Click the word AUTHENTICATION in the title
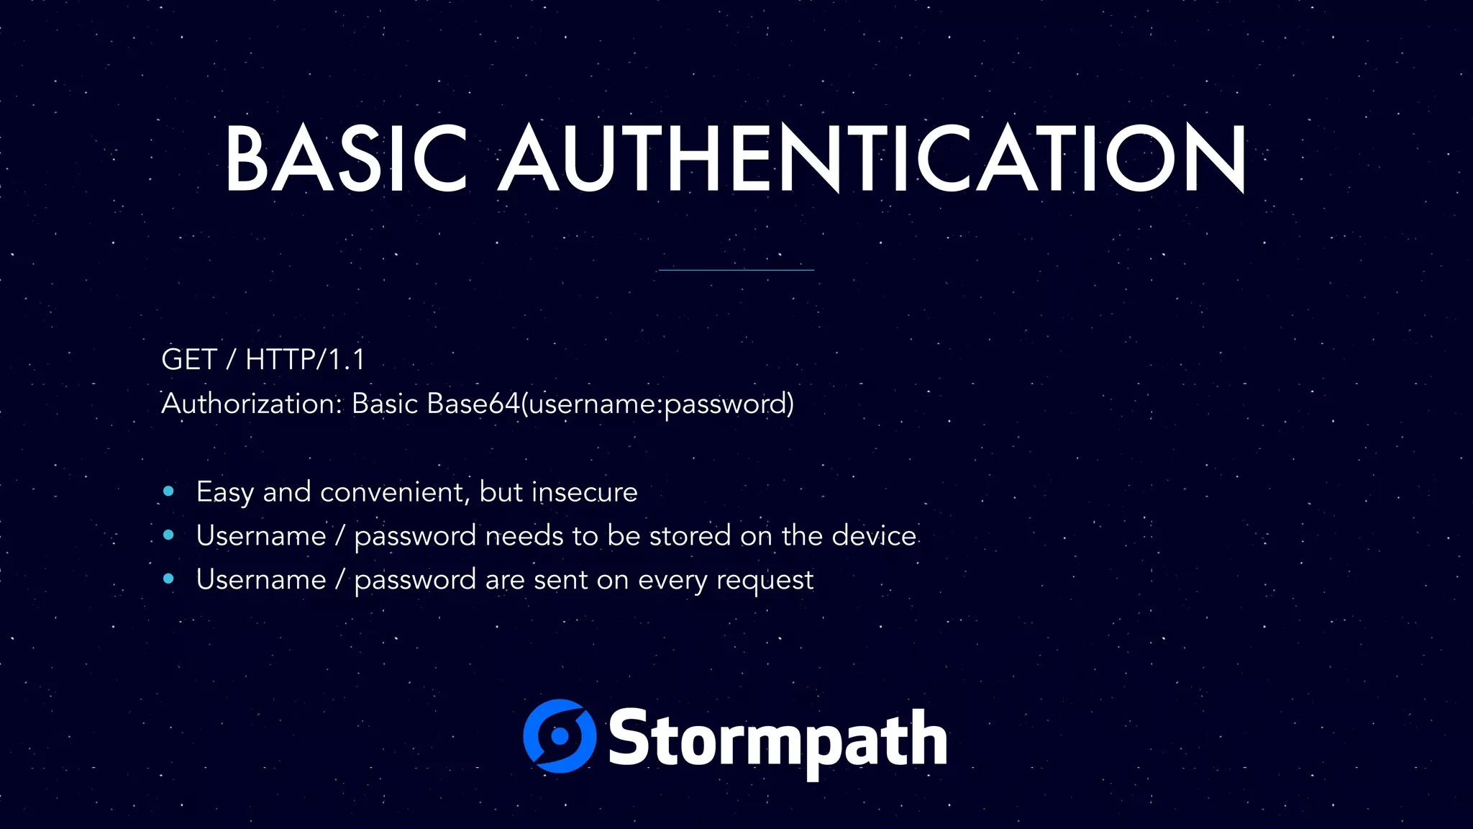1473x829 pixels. [x=872, y=158]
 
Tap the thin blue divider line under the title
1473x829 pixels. [x=736, y=270]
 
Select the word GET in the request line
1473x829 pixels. [x=189, y=359]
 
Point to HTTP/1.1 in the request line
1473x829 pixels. [x=305, y=359]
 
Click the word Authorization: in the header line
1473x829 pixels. [x=252, y=404]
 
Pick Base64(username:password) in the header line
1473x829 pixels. [x=610, y=404]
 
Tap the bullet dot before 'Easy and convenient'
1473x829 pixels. [x=169, y=491]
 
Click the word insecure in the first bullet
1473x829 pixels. [x=584, y=492]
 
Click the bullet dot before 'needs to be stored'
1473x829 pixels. [x=169, y=535]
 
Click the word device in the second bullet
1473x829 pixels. [x=874, y=536]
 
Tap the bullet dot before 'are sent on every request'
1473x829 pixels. [x=169, y=579]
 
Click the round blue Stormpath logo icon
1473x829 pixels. [x=560, y=736]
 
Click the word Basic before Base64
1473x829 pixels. [x=385, y=404]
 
